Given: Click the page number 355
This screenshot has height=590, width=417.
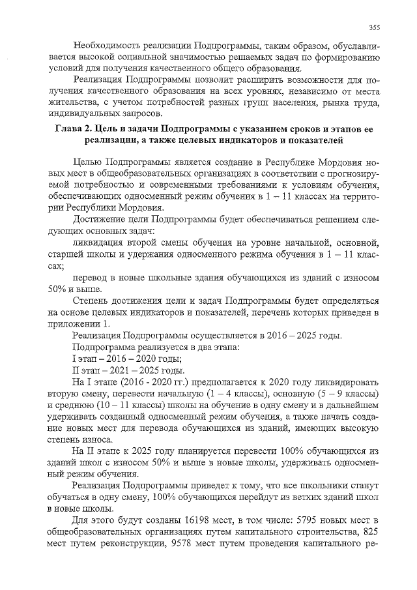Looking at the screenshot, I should coord(374,27).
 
